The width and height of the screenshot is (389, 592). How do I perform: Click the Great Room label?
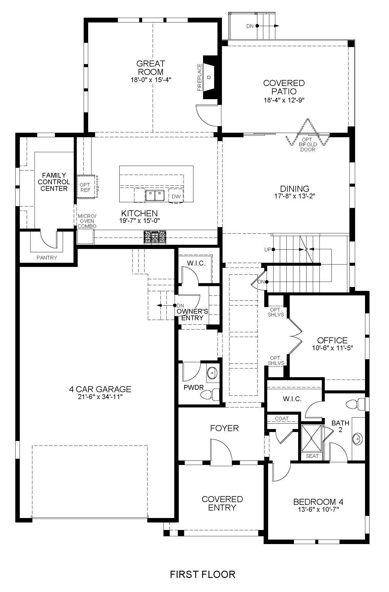(150, 68)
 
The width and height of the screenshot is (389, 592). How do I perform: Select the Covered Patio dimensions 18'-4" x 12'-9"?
(284, 100)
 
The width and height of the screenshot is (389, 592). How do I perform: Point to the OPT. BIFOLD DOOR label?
(308, 144)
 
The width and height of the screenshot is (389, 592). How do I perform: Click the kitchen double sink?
(155, 196)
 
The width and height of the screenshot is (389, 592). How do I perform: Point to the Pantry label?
(47, 257)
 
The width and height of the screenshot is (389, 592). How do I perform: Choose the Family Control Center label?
(54, 182)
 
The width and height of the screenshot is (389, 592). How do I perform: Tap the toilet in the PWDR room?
(207, 394)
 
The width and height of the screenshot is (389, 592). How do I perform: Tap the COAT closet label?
(282, 419)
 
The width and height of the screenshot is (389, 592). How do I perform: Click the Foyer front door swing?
(221, 452)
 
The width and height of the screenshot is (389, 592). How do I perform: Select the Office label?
(332, 340)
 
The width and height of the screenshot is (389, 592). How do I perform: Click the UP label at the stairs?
(268, 249)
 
